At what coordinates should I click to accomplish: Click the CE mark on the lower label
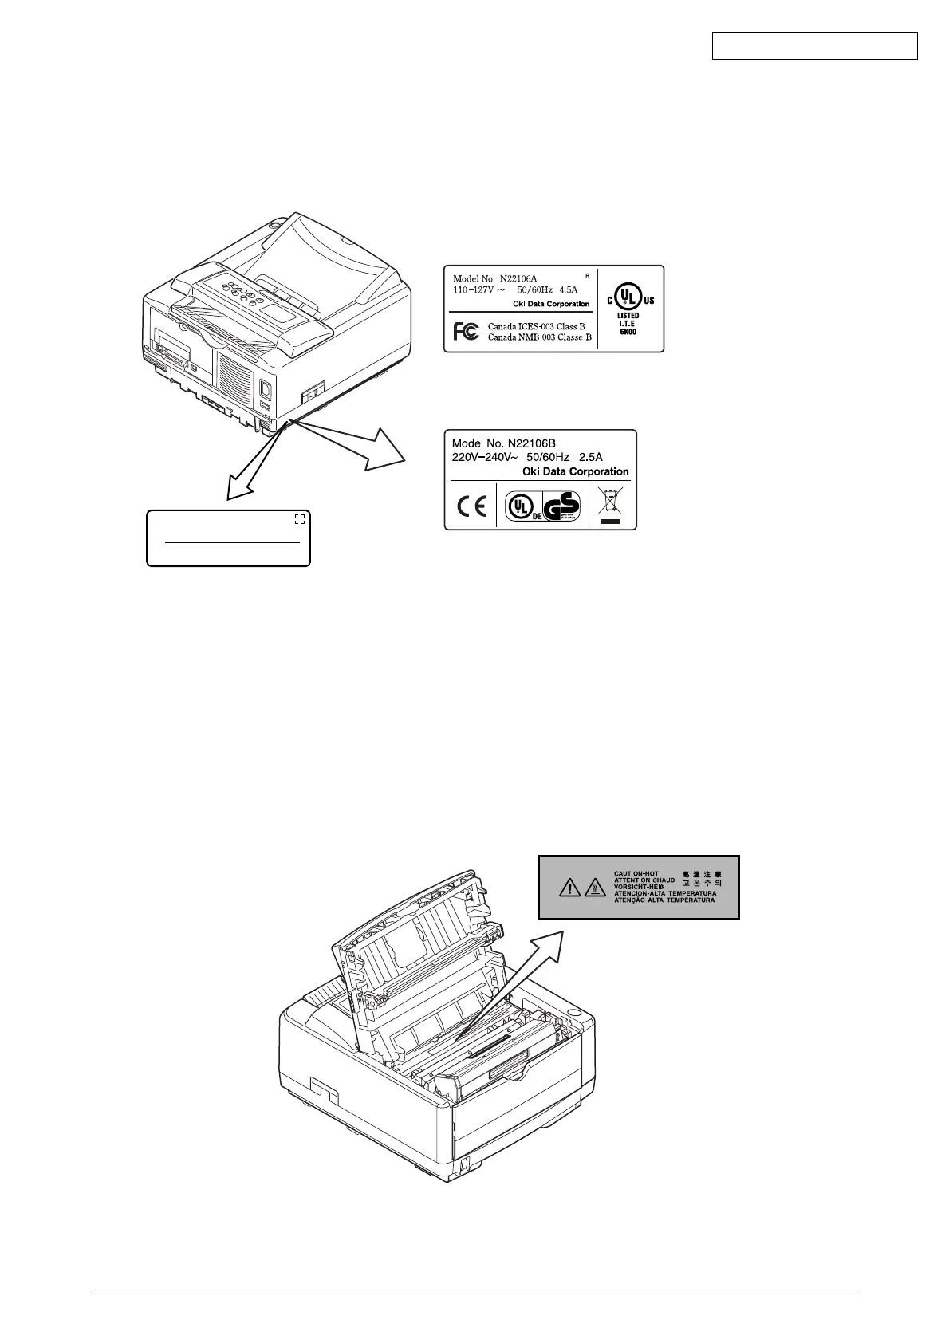[x=471, y=506]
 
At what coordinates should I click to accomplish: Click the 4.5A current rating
[x=569, y=290]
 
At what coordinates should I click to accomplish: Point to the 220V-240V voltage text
[x=486, y=457]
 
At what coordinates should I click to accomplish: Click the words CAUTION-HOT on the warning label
[x=636, y=873]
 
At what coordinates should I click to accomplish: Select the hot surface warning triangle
[x=596, y=886]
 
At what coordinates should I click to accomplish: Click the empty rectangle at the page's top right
[x=814, y=45]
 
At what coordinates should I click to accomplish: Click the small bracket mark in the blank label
[x=299, y=519]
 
